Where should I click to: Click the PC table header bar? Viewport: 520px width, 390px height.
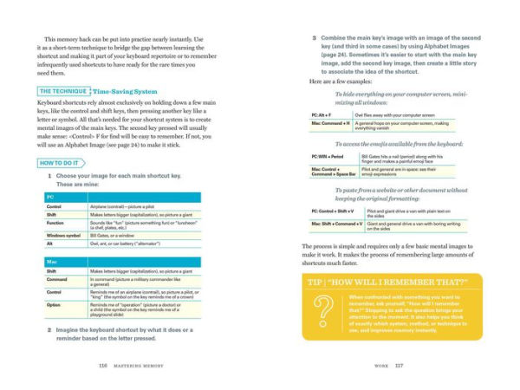pyautogui.click(x=122, y=198)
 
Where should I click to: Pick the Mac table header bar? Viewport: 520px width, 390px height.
pyautogui.click(x=122, y=260)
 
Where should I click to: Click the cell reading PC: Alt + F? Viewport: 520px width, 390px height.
pyautogui.click(x=323, y=114)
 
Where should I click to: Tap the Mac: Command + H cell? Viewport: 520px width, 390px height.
pyautogui.click(x=329, y=125)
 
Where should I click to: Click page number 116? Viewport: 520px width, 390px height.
pyautogui.click(x=103, y=365)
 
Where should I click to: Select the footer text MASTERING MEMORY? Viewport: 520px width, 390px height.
pyautogui.click(x=144, y=365)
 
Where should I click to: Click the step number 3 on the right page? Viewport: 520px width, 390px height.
pyautogui.click(x=313, y=39)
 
